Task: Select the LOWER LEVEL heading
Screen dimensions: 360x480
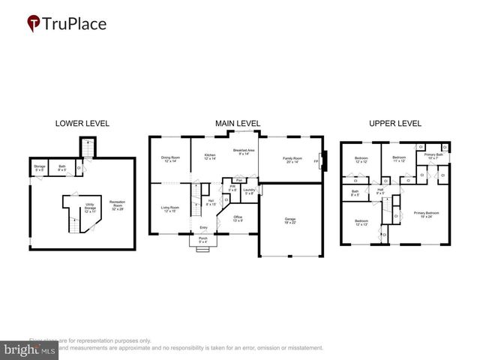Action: point(82,123)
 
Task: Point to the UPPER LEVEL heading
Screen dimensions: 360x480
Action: point(394,123)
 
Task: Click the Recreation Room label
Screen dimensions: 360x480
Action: point(117,203)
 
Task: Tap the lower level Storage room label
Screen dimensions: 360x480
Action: point(40,168)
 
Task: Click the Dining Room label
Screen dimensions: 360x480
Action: point(170,159)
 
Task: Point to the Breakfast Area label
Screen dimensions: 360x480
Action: point(244,152)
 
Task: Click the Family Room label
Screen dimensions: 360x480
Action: point(292,159)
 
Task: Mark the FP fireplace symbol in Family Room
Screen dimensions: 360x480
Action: point(316,161)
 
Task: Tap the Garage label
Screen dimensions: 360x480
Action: point(289,220)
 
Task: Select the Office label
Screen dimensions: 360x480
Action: point(238,218)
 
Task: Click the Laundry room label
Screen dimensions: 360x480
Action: point(250,190)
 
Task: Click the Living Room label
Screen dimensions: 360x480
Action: point(170,208)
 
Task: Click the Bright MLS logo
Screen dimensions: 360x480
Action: point(29,349)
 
